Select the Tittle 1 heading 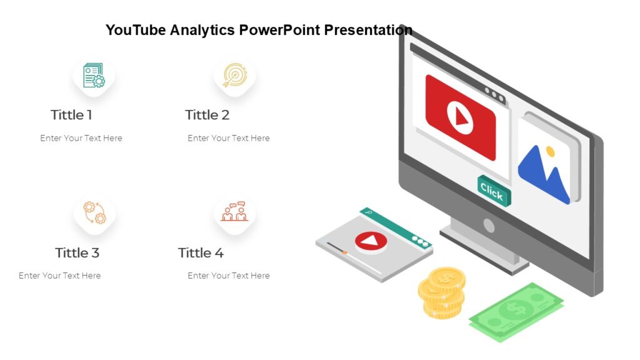pyautogui.click(x=71, y=115)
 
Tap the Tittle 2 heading pyautogui.click(x=207, y=115)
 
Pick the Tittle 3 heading pyautogui.click(x=77, y=252)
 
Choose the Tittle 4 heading pyautogui.click(x=201, y=252)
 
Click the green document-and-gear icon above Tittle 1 pyautogui.click(x=94, y=75)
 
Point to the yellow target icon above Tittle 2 pyautogui.click(x=235, y=74)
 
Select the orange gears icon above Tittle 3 pyautogui.click(x=94, y=212)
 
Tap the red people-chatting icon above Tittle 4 pyautogui.click(x=234, y=212)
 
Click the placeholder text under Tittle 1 pyautogui.click(x=81, y=138)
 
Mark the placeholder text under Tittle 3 pyautogui.click(x=59, y=276)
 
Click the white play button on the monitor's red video pyautogui.click(x=460, y=116)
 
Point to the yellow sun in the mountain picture pyautogui.click(x=550, y=151)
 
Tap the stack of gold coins pyautogui.click(x=442, y=292)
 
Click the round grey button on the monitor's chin pyautogui.click(x=489, y=226)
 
